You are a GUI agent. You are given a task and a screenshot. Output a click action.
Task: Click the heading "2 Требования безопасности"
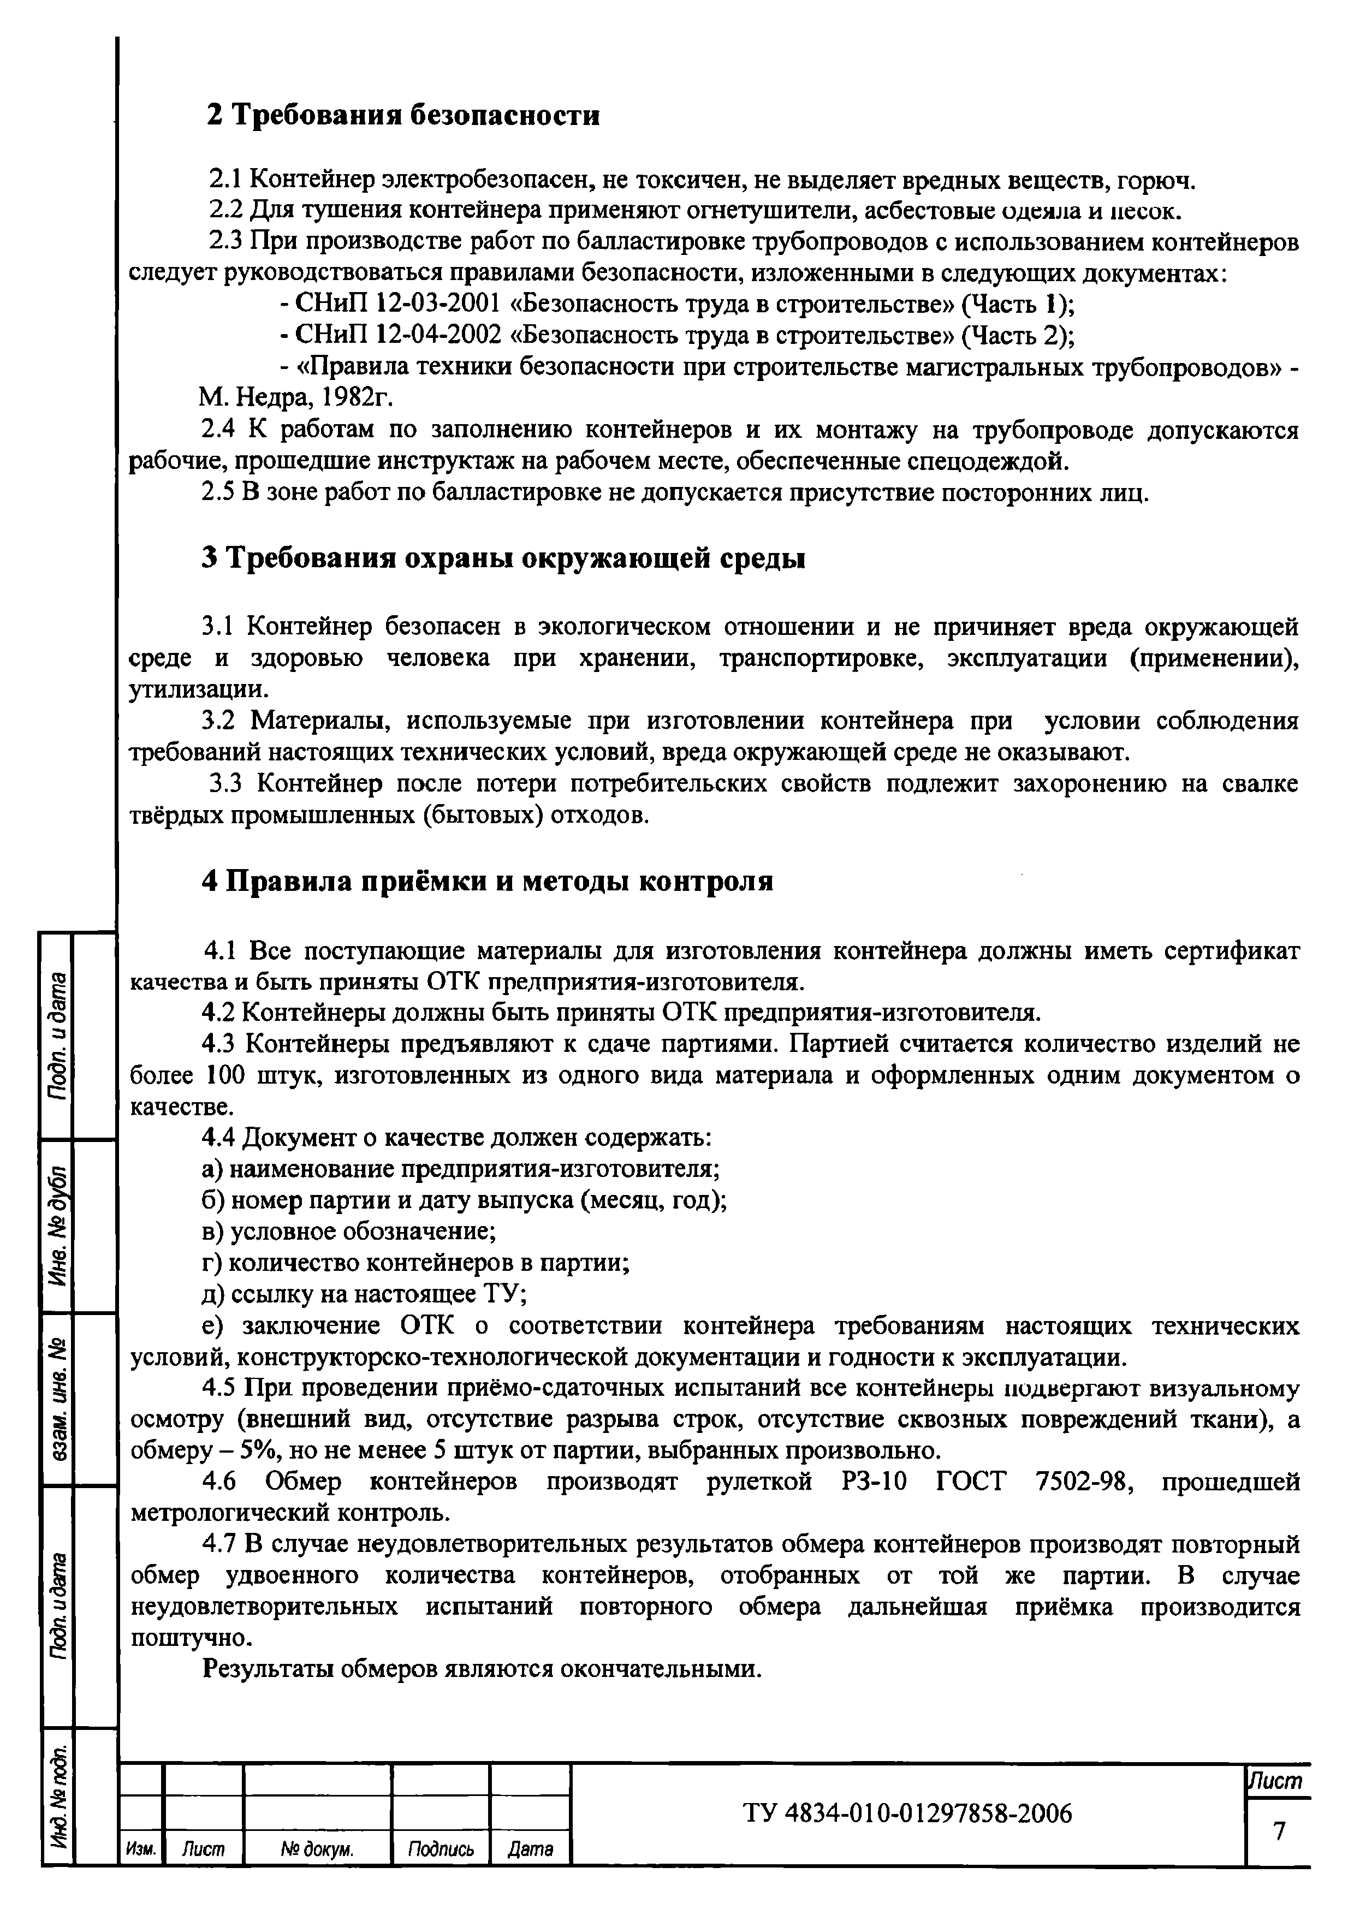pos(403,115)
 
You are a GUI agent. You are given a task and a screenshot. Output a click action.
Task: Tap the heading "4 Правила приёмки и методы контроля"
pos(488,881)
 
